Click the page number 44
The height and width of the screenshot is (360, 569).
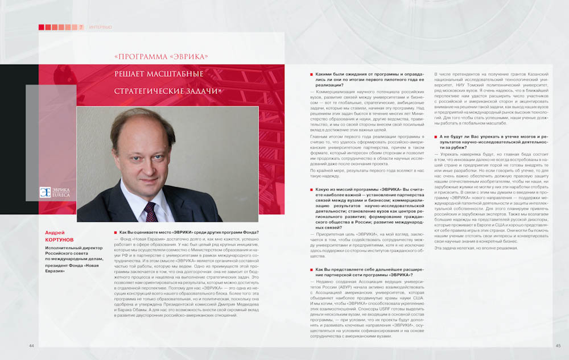(32, 346)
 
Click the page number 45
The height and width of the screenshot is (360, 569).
(558, 346)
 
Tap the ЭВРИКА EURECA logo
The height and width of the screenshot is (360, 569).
(53, 192)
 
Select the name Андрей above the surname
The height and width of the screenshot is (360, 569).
(56, 233)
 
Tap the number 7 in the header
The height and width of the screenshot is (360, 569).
(81, 27)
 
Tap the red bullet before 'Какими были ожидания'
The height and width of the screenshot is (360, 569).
(311, 75)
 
